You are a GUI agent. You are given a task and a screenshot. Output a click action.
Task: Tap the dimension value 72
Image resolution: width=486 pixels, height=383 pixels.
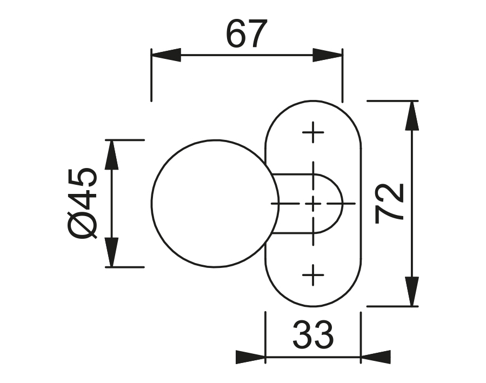click(x=390, y=203)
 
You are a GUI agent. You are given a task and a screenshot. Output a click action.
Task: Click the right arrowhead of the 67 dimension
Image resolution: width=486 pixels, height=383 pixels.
click(x=328, y=55)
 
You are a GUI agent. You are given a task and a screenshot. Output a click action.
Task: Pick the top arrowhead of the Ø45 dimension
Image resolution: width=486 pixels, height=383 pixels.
click(x=111, y=154)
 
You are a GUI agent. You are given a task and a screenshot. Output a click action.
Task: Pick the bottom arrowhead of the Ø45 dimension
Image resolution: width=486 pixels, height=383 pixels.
click(x=111, y=252)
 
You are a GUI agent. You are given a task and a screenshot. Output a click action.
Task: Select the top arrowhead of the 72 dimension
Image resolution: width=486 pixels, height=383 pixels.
click(x=412, y=115)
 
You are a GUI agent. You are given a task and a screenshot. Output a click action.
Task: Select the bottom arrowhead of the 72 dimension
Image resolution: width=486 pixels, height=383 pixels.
click(x=412, y=292)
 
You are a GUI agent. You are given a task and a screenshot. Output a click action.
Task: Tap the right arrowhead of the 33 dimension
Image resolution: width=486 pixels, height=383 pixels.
click(x=375, y=357)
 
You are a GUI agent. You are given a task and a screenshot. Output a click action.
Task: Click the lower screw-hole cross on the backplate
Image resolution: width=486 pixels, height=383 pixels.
click(x=312, y=276)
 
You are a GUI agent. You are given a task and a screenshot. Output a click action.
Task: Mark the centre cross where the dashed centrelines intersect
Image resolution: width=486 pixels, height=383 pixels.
click(x=312, y=204)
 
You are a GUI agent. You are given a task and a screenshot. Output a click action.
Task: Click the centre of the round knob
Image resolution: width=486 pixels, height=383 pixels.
click(x=215, y=204)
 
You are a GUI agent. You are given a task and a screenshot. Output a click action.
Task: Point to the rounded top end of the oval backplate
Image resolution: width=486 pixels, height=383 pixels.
click(x=312, y=105)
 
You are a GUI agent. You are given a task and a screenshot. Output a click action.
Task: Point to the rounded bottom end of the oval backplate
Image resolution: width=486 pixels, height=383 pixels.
click(x=312, y=301)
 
